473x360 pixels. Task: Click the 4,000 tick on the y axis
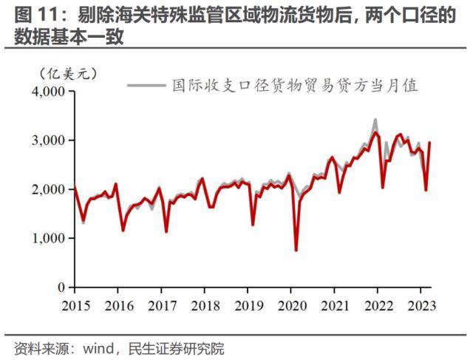(49, 92)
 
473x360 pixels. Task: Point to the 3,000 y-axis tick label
(49, 140)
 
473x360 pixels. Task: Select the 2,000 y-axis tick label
(49, 189)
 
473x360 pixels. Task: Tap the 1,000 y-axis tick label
(49, 238)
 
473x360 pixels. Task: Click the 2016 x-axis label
(117, 306)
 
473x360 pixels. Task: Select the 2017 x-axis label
(160, 306)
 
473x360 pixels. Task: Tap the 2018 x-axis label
(203, 306)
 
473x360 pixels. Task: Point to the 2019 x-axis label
(247, 306)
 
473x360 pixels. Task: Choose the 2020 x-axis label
(290, 306)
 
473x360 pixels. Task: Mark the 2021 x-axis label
(335, 306)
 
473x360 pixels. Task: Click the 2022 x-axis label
(378, 306)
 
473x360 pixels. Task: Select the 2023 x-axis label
(421, 306)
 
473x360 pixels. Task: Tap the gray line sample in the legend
(146, 85)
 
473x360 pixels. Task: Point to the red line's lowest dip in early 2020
(296, 250)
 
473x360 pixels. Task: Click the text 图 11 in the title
(31, 15)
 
